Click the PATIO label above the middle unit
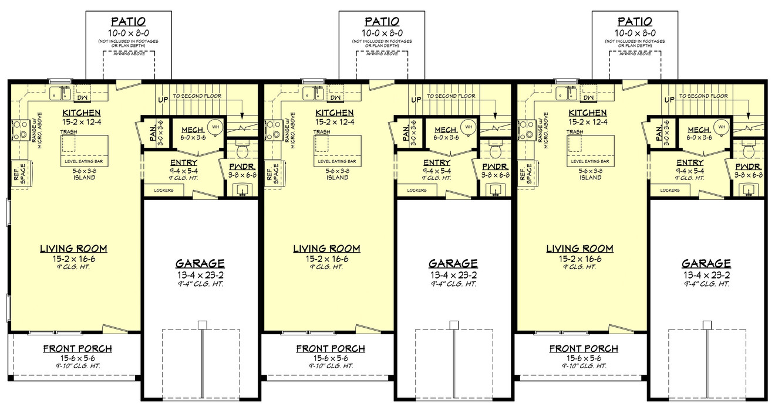[x=382, y=22]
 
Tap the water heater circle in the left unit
[x=215, y=126]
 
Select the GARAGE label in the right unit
[x=706, y=264]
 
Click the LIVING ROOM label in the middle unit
[x=327, y=249]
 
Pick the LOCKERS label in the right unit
[x=669, y=190]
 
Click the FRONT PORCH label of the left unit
[x=77, y=349]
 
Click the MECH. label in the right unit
[x=698, y=130]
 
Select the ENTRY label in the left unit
[x=183, y=162]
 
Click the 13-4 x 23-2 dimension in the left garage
[x=200, y=274]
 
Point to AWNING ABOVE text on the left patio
[x=129, y=53]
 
